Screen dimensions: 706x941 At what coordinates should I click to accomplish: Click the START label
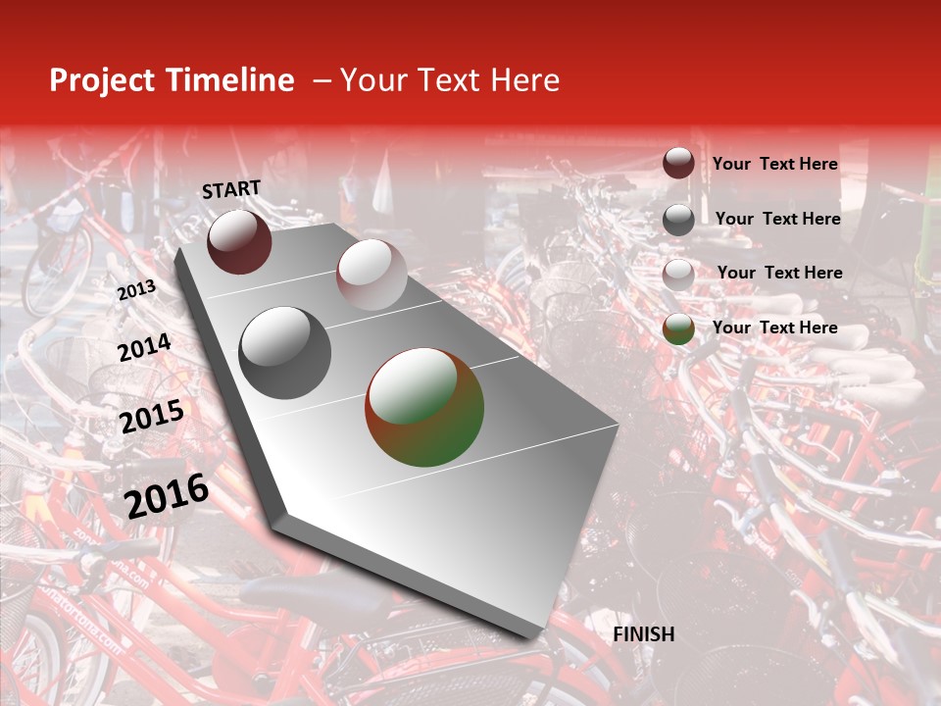point(231,189)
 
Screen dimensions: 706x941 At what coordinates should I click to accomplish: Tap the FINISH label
point(644,634)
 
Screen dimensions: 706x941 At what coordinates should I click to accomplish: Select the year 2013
point(136,290)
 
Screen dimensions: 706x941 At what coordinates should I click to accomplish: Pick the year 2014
point(144,347)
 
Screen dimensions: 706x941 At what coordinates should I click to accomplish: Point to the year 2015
point(151,417)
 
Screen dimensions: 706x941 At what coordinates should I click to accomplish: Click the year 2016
point(167,496)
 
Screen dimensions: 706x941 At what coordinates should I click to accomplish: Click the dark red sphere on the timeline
point(239,241)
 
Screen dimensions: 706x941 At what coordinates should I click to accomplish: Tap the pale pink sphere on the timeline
point(371,275)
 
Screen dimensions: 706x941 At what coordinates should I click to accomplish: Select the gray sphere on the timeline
point(285,353)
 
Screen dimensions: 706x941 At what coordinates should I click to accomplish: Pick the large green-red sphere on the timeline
point(424,407)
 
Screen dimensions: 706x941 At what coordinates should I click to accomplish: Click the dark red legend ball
point(678,164)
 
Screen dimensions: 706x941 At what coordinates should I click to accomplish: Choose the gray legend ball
point(678,220)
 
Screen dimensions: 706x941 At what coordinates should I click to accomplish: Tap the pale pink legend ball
point(678,275)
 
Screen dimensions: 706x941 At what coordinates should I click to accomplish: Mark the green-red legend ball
point(678,329)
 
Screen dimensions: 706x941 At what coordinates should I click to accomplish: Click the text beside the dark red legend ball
point(774,164)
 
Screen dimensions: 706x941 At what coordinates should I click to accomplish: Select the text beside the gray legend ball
point(777,219)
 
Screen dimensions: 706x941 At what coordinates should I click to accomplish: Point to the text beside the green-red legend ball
point(774,328)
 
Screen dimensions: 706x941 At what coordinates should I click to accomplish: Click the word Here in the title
point(524,80)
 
